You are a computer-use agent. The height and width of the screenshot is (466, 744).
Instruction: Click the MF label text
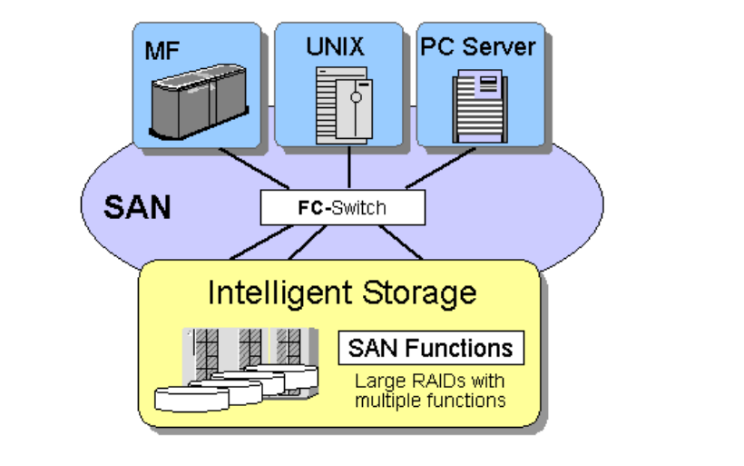(162, 47)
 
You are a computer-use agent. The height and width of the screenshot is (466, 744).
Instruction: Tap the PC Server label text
(479, 45)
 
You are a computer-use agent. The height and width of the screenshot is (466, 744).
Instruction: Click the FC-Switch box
(342, 208)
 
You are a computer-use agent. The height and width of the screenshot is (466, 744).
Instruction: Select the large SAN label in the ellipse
(137, 206)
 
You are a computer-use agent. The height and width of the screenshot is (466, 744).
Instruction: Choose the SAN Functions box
(431, 347)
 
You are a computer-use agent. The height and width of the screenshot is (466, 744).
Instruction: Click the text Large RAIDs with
(429, 381)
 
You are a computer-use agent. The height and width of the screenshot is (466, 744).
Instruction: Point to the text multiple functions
(430, 400)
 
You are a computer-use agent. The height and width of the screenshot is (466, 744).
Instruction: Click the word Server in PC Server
(504, 45)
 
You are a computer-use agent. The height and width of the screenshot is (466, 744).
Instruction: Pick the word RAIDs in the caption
(418, 381)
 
